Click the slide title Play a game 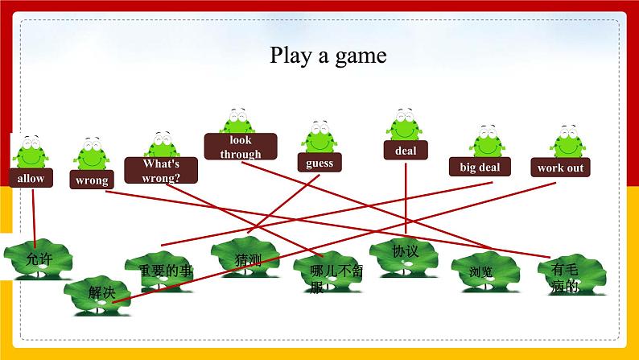[328, 56]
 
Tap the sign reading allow [31, 178]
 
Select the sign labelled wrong [92, 180]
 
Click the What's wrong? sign [160, 170]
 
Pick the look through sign [240, 147]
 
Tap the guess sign [319, 163]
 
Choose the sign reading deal [405, 150]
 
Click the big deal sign [480, 167]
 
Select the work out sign [561, 168]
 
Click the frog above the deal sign [404, 126]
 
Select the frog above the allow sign [31, 152]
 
